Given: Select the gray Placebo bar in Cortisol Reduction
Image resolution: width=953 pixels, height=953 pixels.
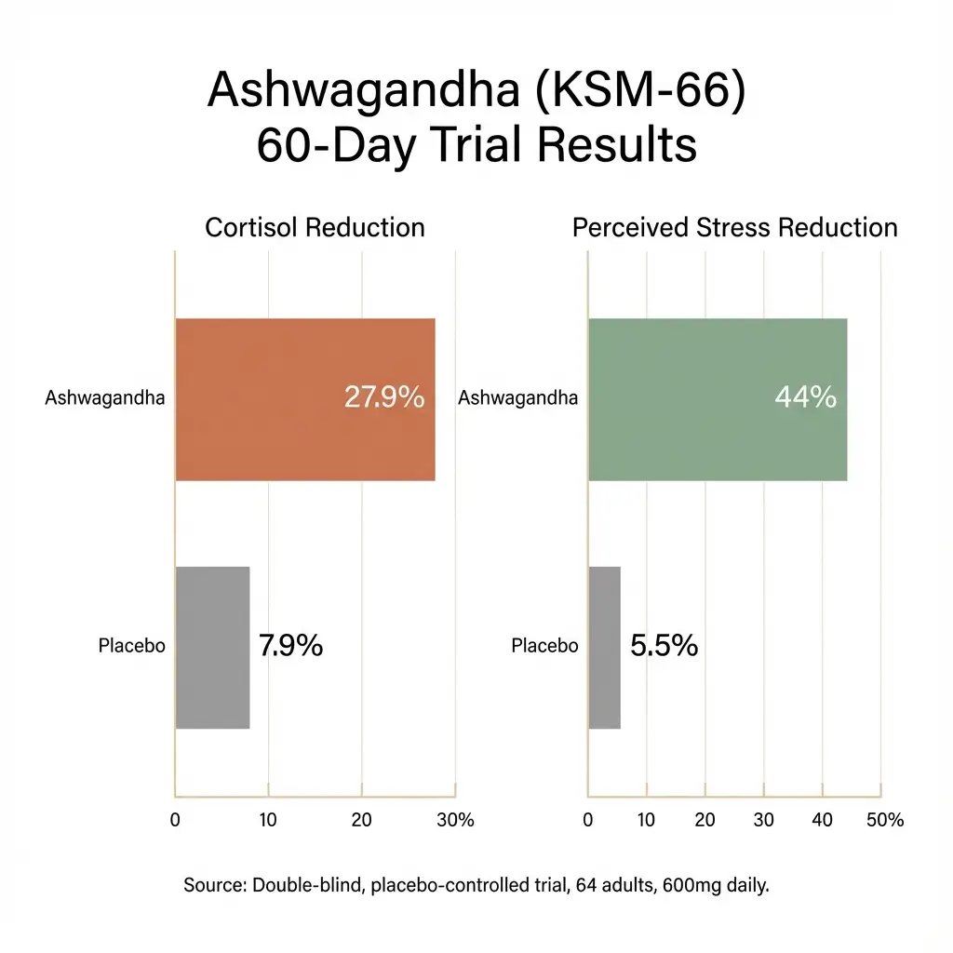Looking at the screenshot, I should (212, 647).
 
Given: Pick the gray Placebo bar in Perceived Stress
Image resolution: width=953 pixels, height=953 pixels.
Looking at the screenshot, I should (604, 647).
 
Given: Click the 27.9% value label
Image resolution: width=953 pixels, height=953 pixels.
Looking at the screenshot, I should (383, 397).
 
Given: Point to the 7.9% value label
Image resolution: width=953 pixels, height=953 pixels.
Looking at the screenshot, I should (290, 646).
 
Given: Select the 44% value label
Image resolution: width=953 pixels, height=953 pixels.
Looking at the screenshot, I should (805, 397).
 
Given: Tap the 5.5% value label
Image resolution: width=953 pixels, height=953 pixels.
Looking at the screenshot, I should (664, 646).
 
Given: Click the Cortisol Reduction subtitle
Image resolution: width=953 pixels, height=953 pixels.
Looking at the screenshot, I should (315, 228).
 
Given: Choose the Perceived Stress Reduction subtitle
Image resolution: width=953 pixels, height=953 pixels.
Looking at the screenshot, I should (734, 228).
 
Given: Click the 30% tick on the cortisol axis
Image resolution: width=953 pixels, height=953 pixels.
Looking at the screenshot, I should (455, 820).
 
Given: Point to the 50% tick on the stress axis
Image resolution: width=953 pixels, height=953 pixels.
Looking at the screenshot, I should (884, 820).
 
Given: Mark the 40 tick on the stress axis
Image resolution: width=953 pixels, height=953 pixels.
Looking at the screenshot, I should (823, 820).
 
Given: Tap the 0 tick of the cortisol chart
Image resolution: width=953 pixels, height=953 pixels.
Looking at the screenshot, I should (175, 820).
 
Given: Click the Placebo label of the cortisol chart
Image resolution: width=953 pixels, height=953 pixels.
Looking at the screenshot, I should (131, 646).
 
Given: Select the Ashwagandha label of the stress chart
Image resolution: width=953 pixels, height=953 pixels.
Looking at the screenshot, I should (517, 398).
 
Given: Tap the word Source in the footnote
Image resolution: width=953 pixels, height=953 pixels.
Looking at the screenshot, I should (213, 886).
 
